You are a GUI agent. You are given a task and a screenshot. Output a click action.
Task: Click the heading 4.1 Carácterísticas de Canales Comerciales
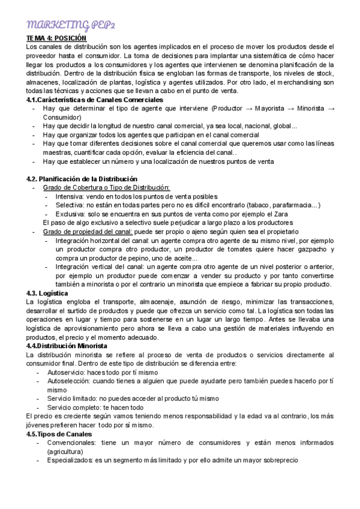[x=95, y=99]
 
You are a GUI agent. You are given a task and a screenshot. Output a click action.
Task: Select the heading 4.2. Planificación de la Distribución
[x=82, y=179]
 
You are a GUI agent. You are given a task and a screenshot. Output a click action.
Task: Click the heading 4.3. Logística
[x=50, y=292]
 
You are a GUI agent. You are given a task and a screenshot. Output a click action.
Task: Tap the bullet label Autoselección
[x=68, y=381]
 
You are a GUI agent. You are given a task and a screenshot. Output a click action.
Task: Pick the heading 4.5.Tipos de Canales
[x=59, y=433]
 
